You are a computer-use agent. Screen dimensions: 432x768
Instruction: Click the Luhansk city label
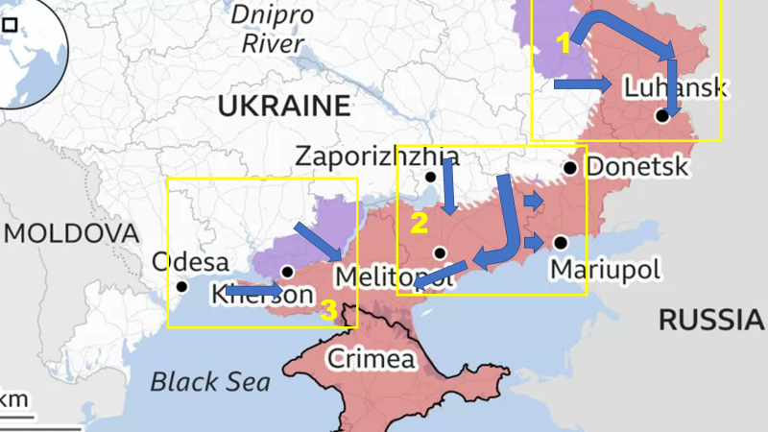point(675,88)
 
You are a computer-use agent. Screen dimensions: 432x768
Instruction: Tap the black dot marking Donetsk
point(570,168)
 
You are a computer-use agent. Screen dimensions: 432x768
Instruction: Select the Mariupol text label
point(605,269)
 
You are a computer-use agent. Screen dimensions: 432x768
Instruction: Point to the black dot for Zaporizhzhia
point(431,177)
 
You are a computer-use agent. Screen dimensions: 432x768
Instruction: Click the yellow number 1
point(564,43)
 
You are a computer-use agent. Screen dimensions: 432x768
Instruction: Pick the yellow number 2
point(419,224)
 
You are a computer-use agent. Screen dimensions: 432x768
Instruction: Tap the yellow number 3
point(328,310)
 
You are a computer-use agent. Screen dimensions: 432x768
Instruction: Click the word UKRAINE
point(282,106)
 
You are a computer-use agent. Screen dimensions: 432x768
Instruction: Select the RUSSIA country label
point(711,320)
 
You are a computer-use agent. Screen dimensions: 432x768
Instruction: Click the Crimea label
point(372,359)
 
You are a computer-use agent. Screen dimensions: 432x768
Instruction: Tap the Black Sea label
point(209,381)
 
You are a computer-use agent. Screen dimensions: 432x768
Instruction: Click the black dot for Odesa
point(182,286)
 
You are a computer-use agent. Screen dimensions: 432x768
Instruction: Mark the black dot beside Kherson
point(288,272)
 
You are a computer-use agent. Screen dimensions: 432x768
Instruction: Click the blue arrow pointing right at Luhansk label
point(583,85)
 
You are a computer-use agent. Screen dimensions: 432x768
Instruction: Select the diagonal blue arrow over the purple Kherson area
point(318,241)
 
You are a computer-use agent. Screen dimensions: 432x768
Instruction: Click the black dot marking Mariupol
point(560,242)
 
